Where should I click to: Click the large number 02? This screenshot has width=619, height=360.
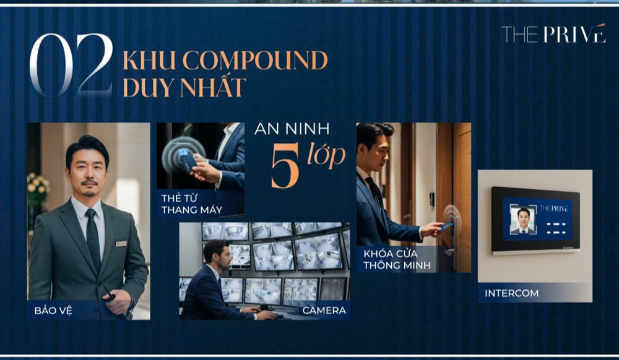(x=71, y=64)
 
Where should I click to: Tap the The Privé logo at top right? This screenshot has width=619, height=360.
(x=553, y=34)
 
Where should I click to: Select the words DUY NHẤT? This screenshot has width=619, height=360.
(x=184, y=87)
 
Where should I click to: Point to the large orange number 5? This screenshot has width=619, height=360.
(x=285, y=166)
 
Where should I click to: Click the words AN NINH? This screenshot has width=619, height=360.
(x=292, y=130)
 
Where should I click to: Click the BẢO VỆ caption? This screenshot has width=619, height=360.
(x=53, y=310)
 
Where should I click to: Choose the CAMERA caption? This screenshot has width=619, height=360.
(x=324, y=311)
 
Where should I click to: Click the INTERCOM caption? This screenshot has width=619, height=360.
(x=511, y=293)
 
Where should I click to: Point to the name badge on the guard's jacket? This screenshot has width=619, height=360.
(x=121, y=244)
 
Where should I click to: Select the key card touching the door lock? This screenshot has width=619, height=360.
(x=446, y=226)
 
